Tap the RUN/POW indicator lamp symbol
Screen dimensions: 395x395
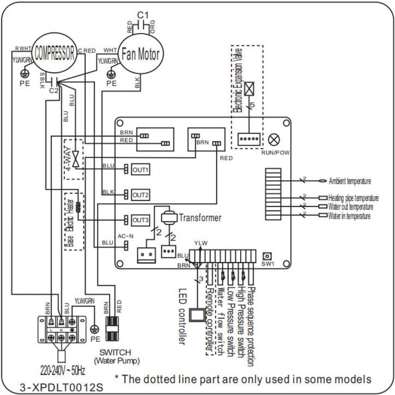click(274, 140)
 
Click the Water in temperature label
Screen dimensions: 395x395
click(350, 216)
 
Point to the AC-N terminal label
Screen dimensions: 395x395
click(123, 236)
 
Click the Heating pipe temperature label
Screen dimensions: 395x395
click(353, 198)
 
